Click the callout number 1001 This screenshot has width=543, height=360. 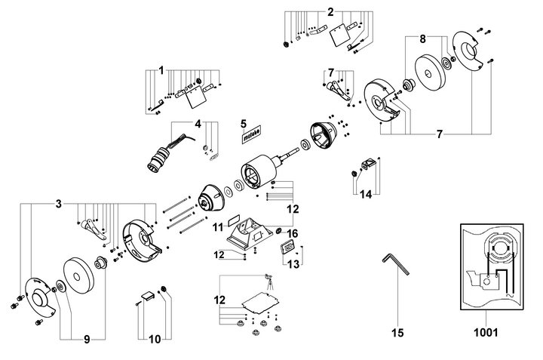pyautogui.click(x=486, y=333)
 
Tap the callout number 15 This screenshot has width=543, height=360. pyautogui.click(x=397, y=333)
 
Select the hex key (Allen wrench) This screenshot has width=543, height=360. pyautogui.click(x=395, y=263)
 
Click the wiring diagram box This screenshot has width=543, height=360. pyautogui.click(x=492, y=267)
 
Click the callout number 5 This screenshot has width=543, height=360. pyautogui.click(x=244, y=124)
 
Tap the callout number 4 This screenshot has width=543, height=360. pyautogui.click(x=198, y=124)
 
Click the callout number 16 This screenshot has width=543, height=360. pyautogui.click(x=293, y=233)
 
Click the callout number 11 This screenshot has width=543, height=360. pyautogui.click(x=218, y=227)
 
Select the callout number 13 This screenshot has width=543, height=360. pyautogui.click(x=293, y=264)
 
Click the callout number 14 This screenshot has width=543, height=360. pyautogui.click(x=366, y=195)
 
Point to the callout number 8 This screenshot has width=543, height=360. pyautogui.click(x=422, y=39)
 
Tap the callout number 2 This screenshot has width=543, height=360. pyautogui.click(x=330, y=13)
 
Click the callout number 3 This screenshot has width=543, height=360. pyautogui.click(x=59, y=204)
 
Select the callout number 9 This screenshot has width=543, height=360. pyautogui.click(x=87, y=340)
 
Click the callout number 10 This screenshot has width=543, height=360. pyautogui.click(x=155, y=339)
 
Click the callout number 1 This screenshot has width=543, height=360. pyautogui.click(x=161, y=71)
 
